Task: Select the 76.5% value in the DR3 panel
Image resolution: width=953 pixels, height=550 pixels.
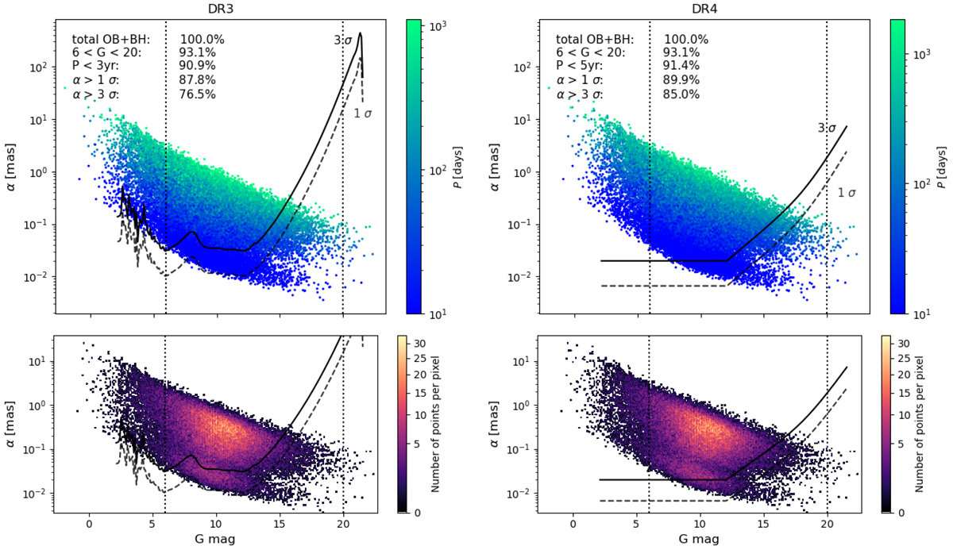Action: [x=198, y=94]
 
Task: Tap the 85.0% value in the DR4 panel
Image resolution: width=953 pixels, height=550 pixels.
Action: [x=681, y=94]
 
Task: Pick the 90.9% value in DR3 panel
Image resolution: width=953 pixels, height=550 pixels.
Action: [x=198, y=67]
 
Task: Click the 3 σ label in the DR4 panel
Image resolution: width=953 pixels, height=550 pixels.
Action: [x=829, y=127]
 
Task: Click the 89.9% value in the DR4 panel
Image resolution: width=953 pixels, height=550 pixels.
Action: [x=681, y=81]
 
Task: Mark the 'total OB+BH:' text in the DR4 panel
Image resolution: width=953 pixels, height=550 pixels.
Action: [x=595, y=39]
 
